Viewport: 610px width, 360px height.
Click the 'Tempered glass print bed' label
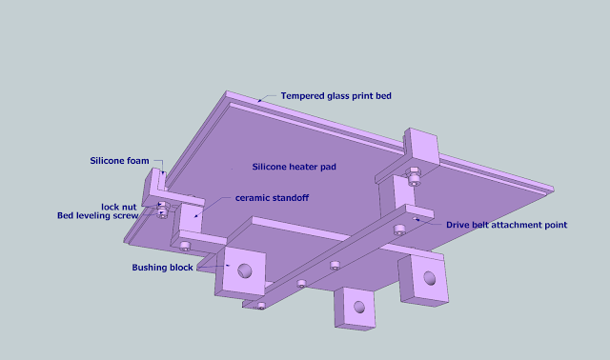(336, 96)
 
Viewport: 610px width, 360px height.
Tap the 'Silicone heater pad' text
(295, 167)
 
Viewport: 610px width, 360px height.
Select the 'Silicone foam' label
(119, 161)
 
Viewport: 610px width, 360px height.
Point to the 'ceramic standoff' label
(272, 198)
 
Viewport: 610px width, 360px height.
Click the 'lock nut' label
(118, 207)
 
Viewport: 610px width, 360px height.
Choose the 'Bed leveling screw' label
(97, 215)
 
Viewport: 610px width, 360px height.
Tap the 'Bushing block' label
(162, 268)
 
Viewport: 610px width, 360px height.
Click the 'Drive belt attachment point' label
(506, 225)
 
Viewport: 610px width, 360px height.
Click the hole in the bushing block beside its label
(245, 271)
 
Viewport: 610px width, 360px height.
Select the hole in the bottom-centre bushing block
(359, 307)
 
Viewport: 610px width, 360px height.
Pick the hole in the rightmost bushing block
(430, 278)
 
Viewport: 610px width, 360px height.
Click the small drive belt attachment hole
(416, 219)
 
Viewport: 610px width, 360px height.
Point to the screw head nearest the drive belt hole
(399, 230)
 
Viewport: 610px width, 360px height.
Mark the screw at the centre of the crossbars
(335, 266)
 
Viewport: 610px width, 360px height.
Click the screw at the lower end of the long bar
(261, 306)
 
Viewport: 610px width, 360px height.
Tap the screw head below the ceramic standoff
(185, 246)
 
